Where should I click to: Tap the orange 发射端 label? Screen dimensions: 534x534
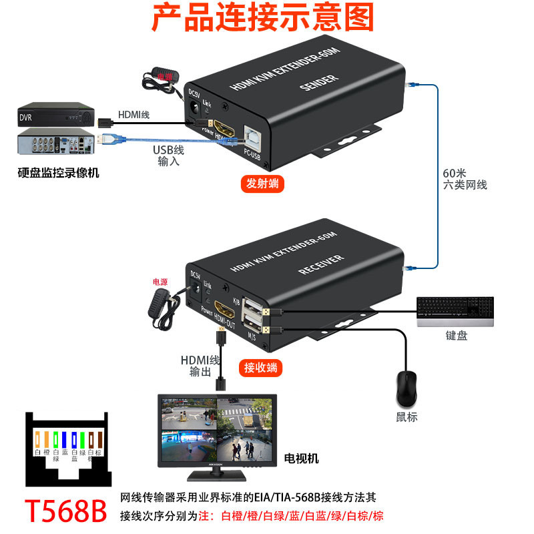[x=262, y=184]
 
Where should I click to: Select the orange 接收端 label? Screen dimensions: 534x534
[x=260, y=367]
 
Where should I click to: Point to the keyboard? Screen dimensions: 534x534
[x=456, y=312]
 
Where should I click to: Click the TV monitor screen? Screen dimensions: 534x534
[x=216, y=429]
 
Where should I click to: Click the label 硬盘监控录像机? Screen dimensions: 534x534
[x=58, y=173]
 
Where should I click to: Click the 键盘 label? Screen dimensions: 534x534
[x=457, y=336]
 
